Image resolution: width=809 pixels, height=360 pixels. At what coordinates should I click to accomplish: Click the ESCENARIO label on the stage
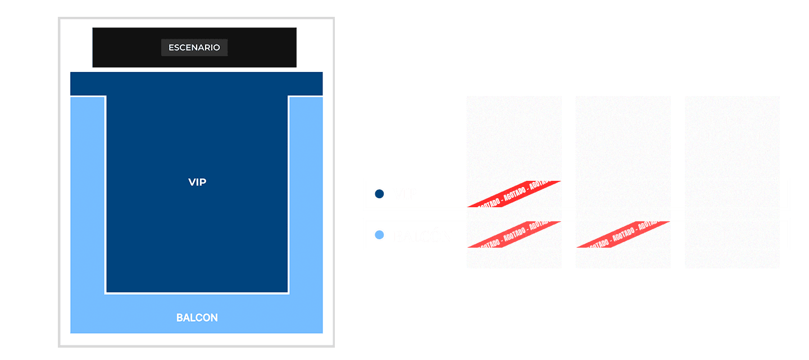(x=194, y=48)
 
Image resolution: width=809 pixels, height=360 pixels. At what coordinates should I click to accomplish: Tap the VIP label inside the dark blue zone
(x=197, y=182)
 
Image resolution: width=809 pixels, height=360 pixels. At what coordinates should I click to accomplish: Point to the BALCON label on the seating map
(x=197, y=318)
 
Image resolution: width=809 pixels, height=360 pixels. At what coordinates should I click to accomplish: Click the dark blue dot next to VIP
(x=380, y=194)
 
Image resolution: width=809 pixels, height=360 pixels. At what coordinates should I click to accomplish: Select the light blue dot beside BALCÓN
(x=380, y=235)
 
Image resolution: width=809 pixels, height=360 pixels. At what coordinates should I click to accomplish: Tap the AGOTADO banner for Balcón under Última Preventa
(x=623, y=235)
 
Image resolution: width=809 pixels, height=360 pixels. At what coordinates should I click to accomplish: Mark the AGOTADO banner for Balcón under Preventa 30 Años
(x=514, y=235)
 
